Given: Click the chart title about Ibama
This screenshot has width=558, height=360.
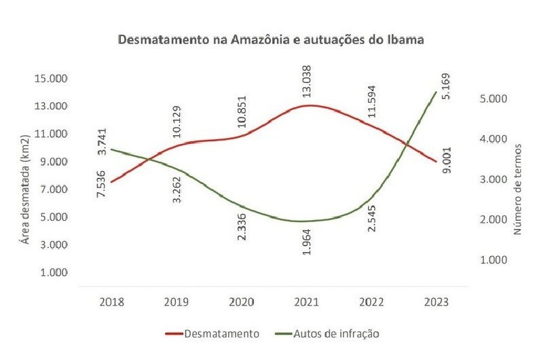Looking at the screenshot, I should tap(272, 39).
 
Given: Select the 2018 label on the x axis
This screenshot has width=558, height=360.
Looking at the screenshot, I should tap(112, 303).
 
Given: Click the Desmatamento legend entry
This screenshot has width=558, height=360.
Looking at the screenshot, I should tap(212, 334).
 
